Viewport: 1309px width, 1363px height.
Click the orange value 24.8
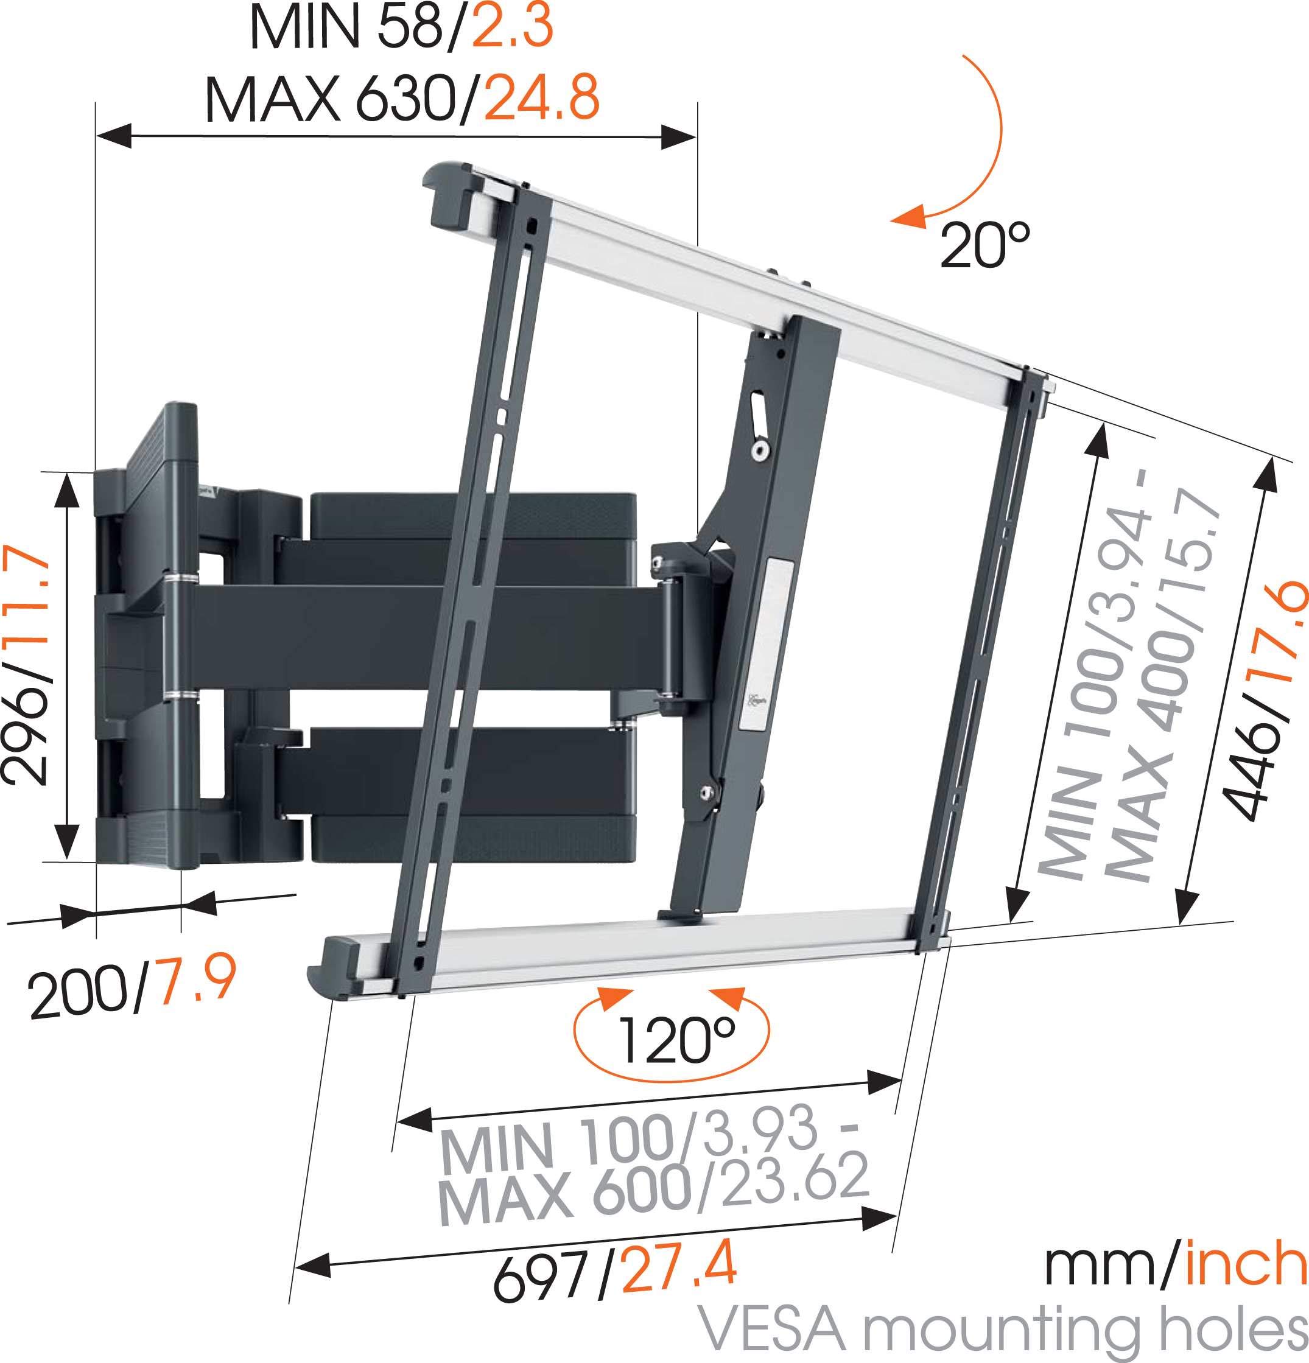541,98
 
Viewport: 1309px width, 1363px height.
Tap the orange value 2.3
512,26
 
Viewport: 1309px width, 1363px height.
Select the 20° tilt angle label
983,245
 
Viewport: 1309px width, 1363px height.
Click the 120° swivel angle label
674,1041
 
